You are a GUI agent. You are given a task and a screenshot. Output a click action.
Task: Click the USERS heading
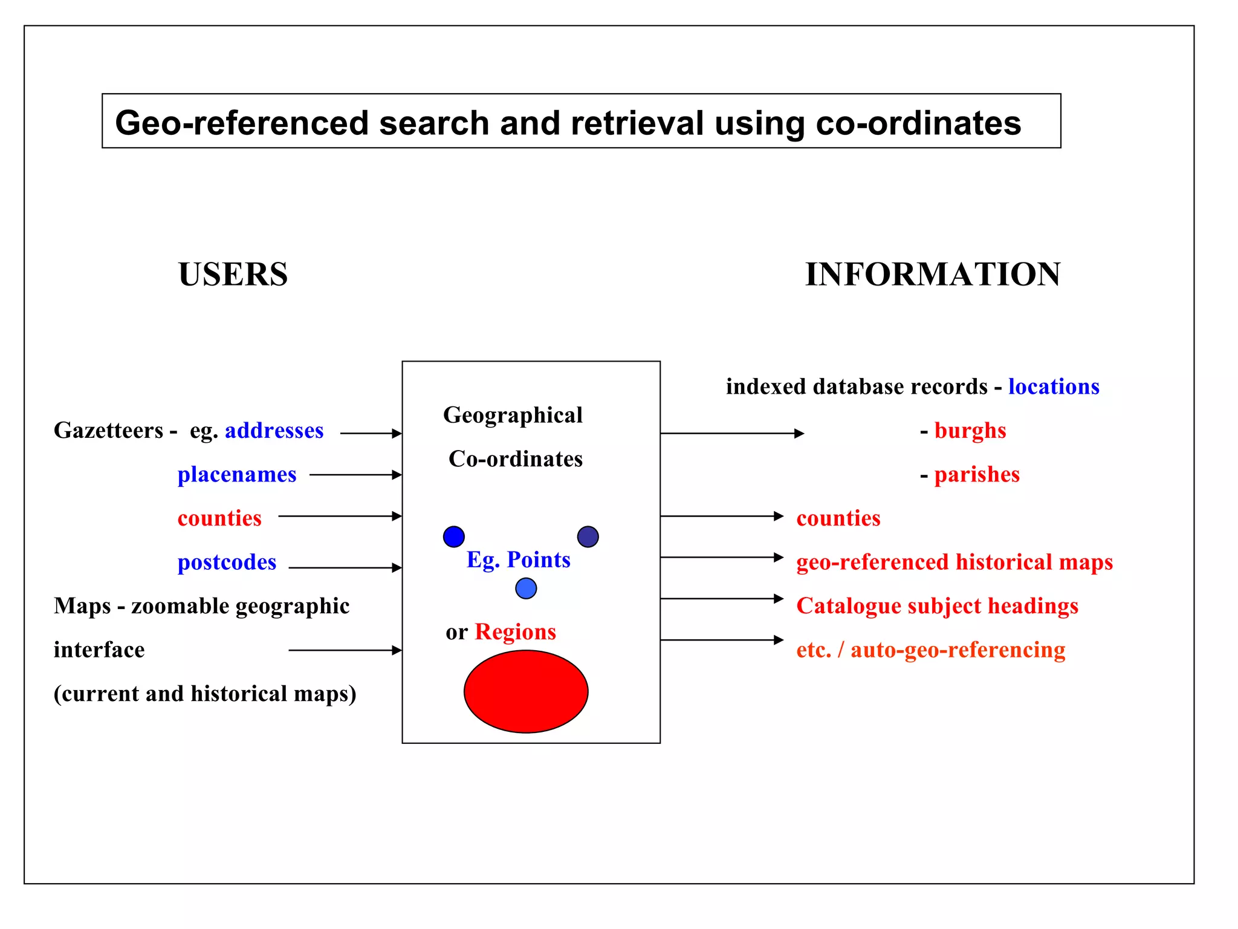tap(233, 274)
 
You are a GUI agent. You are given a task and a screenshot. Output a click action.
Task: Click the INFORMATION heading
tap(932, 274)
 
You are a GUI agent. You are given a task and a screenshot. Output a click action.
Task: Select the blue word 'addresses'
tap(274, 430)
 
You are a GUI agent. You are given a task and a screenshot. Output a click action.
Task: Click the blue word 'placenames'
tap(236, 474)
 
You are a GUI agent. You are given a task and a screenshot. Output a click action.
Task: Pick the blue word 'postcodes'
tap(227, 562)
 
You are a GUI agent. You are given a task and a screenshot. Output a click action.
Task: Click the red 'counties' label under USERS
tap(219, 518)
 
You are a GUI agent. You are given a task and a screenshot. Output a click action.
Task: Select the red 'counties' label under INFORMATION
tap(838, 518)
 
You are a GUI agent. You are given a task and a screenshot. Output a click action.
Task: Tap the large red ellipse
tap(526, 691)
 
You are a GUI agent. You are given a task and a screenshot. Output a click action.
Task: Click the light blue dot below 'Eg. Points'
tap(526, 588)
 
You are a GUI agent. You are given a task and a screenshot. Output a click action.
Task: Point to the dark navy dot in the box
tap(588, 536)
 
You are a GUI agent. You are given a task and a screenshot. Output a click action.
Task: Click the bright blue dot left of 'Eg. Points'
tap(453, 536)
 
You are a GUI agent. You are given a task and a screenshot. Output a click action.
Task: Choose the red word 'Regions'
tap(515, 631)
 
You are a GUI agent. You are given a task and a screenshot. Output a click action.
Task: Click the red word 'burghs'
tap(970, 430)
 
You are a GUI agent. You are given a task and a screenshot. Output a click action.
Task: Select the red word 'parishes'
tap(976, 474)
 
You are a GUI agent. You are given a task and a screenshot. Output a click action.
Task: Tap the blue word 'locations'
tap(1054, 386)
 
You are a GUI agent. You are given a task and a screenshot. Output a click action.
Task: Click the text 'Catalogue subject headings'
tap(937, 605)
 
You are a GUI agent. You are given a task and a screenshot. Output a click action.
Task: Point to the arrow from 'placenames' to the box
tap(355, 475)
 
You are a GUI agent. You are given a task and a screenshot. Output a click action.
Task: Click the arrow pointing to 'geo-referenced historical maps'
tap(722, 557)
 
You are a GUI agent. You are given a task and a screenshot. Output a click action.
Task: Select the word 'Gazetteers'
tap(108, 430)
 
